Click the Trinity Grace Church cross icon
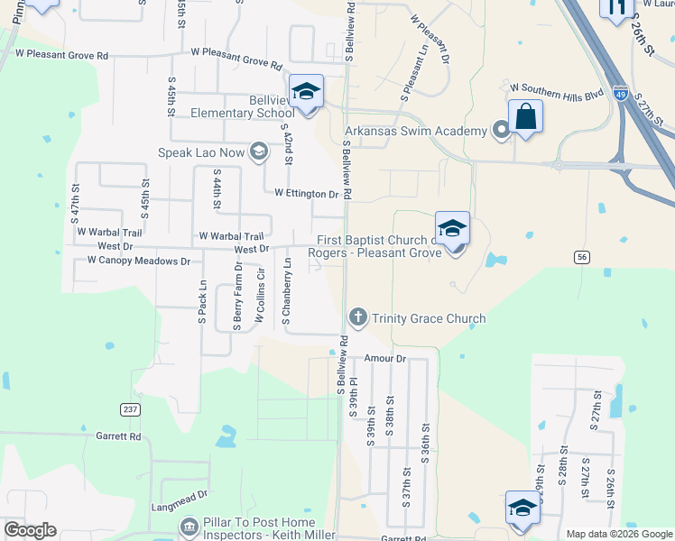point(357,317)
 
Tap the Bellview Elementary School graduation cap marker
point(307,92)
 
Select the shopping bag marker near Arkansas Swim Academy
point(525,117)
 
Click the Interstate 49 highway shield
point(620,92)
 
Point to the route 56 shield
point(582,257)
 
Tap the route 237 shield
point(130,408)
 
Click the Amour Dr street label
point(386,358)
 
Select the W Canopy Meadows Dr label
point(139,261)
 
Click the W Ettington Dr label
point(306,193)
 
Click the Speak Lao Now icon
point(259,151)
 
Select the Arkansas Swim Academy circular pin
point(502,132)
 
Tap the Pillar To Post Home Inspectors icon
point(189,526)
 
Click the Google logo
point(30,530)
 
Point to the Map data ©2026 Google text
point(619,534)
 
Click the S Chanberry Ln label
point(287,290)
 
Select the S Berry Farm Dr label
point(239,293)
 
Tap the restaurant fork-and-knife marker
point(616,9)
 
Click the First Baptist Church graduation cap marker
point(452,229)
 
